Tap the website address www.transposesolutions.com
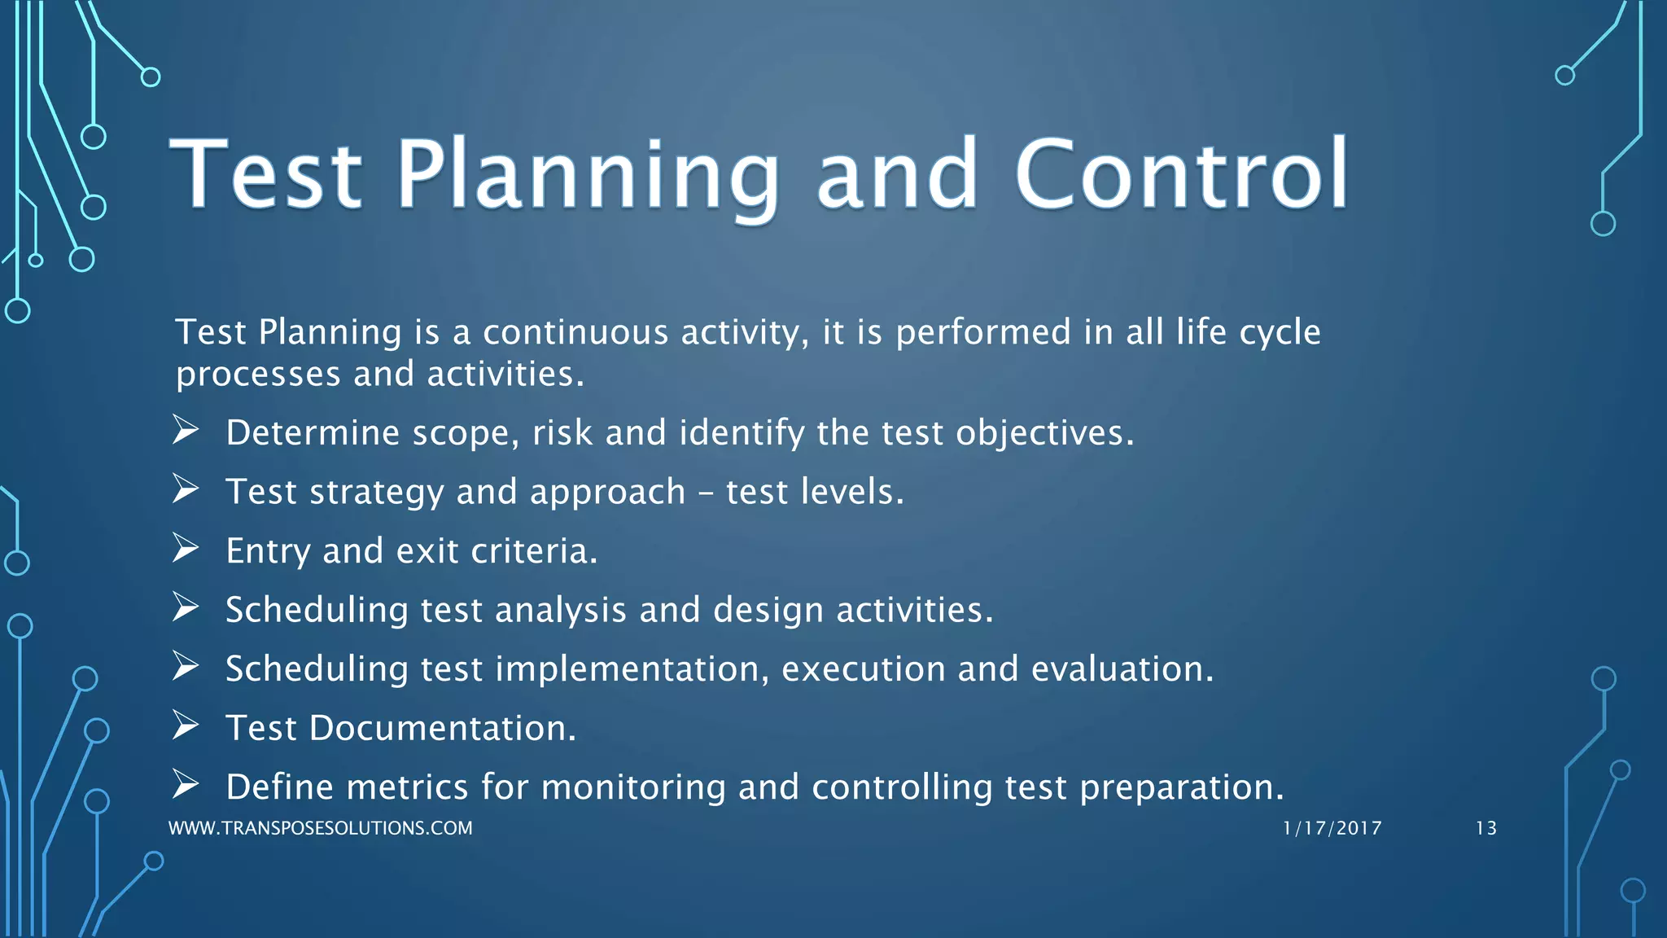coord(320,828)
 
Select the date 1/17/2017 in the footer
coord(1332,828)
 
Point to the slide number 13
coord(1485,828)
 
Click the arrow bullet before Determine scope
coord(186,429)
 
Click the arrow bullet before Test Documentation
coord(186,725)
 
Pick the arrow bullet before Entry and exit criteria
coord(186,548)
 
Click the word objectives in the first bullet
coord(1044,433)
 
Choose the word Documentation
coord(442,728)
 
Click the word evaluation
coord(1122,669)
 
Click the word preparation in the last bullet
coord(1181,787)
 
